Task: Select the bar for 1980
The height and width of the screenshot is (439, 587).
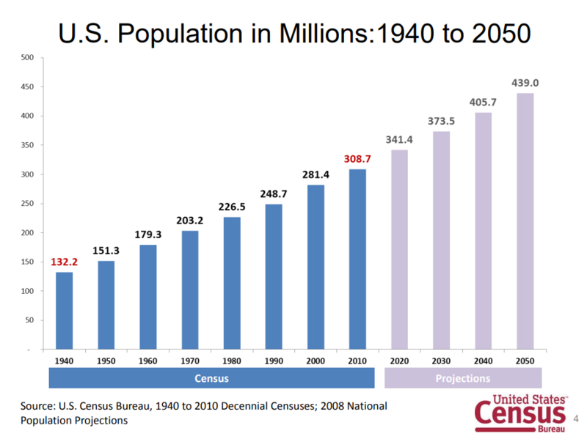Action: coord(232,283)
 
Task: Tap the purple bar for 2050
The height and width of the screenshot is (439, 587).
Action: coord(525,220)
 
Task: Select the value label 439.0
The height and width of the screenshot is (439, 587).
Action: coord(525,83)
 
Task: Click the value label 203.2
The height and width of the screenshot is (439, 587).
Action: coord(190,220)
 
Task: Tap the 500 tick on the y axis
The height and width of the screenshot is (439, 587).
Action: coord(27,57)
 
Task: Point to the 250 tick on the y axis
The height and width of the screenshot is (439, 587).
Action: coord(27,204)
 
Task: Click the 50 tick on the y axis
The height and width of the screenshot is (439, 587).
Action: coord(29,320)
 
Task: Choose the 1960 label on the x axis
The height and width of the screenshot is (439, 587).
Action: coord(148,361)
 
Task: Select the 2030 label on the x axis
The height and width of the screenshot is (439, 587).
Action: coord(441,361)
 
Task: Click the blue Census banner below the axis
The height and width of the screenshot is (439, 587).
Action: coord(211,378)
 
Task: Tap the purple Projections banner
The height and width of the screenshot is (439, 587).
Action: coord(462,378)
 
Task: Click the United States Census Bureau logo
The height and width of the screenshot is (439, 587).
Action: coord(521,413)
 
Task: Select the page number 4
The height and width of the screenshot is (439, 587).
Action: coord(577,418)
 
